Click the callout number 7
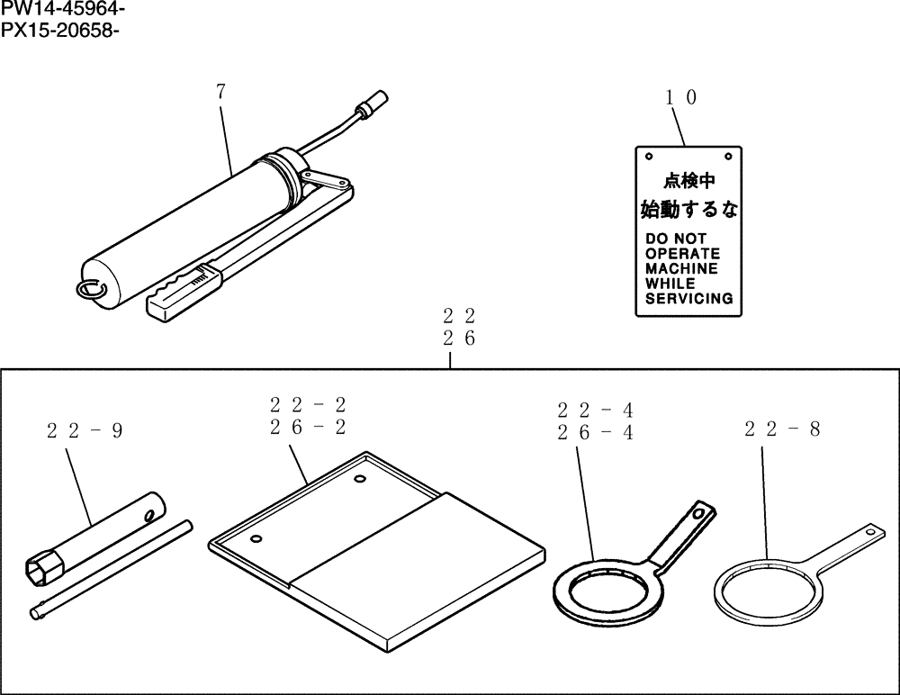tap(221, 91)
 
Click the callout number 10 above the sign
tap(680, 98)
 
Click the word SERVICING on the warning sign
tap(688, 298)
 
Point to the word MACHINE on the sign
tap(681, 268)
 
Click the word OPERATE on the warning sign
tap(682, 254)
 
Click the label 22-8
tap(782, 429)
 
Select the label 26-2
tap(307, 427)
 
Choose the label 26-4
tap(595, 432)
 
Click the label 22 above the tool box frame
tap(458, 316)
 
